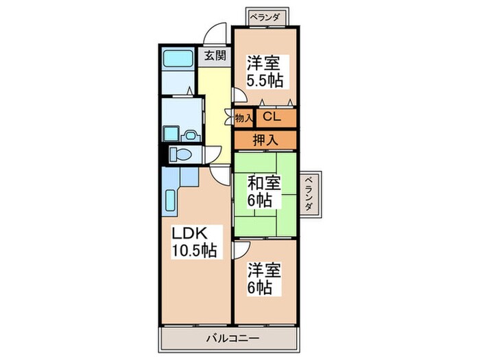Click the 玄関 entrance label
tap(213, 56)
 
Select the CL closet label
tap(272, 117)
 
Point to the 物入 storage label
tap(244, 118)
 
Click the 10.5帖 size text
tap(194, 250)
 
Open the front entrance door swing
tap(218, 34)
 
